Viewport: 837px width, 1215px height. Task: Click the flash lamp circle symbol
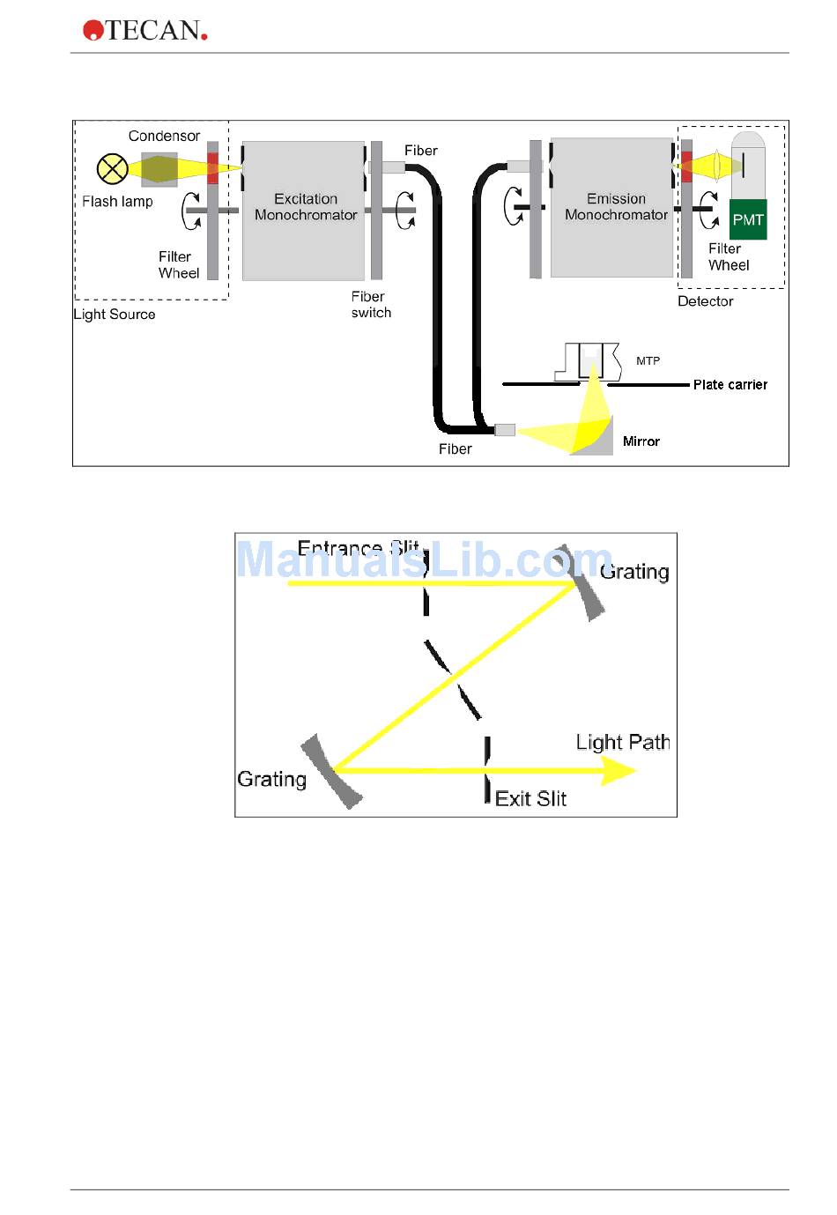point(112,169)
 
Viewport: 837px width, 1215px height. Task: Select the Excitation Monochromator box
point(304,210)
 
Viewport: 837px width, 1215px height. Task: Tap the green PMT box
point(748,220)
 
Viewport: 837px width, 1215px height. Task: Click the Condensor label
point(164,136)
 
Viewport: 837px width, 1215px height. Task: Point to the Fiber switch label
point(370,305)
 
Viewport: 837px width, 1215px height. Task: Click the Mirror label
point(641,441)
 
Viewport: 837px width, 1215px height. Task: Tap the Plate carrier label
point(730,385)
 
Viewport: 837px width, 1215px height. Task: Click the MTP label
point(648,360)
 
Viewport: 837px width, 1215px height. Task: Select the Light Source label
point(115,315)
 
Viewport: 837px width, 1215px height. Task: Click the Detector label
point(705,301)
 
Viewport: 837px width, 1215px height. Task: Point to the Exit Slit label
point(530,798)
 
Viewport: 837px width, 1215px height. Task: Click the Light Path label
point(622,742)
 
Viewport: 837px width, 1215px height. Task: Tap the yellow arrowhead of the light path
point(618,771)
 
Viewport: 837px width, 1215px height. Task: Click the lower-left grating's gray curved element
point(331,772)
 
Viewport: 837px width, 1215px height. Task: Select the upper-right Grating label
point(634,572)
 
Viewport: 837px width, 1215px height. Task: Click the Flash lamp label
point(117,202)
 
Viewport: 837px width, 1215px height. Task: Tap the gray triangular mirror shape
point(596,440)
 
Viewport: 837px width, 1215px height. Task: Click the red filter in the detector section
point(686,167)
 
